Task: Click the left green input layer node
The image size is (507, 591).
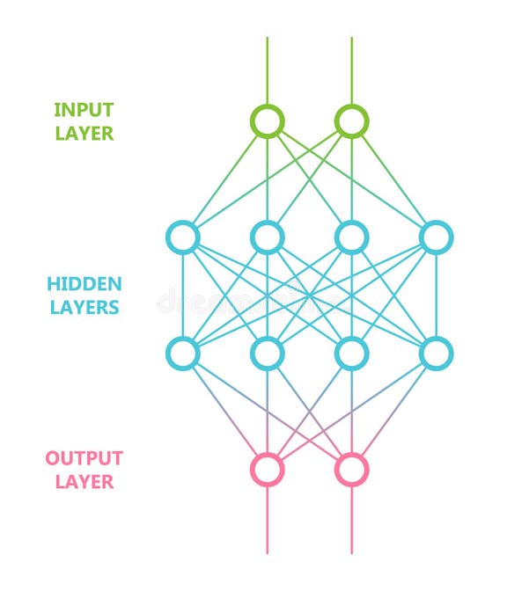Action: coord(267,120)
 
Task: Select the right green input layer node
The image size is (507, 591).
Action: coord(351,120)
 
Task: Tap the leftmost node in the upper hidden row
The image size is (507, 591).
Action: coord(183,237)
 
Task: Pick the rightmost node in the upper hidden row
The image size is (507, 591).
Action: coord(436,237)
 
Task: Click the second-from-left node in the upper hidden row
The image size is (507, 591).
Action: coord(267,237)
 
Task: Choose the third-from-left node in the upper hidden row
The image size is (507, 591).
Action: coord(351,237)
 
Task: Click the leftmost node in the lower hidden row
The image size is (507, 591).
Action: coord(183,353)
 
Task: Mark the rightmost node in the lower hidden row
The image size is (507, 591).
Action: coord(436,353)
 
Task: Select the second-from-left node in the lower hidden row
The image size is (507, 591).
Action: coord(267,353)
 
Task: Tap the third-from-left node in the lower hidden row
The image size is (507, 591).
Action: coord(351,353)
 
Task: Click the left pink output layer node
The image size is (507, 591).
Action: coord(267,469)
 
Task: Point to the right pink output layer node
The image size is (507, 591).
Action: coord(351,469)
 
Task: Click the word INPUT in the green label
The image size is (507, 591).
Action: coord(84,110)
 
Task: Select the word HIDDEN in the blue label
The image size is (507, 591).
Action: coord(84,284)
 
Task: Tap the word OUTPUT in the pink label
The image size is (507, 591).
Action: coord(84,458)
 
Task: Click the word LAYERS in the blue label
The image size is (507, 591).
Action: coord(84,308)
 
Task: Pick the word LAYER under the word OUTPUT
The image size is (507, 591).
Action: coord(84,482)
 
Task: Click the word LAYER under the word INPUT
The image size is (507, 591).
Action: coord(84,134)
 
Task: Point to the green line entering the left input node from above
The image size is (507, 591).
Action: coord(267,70)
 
